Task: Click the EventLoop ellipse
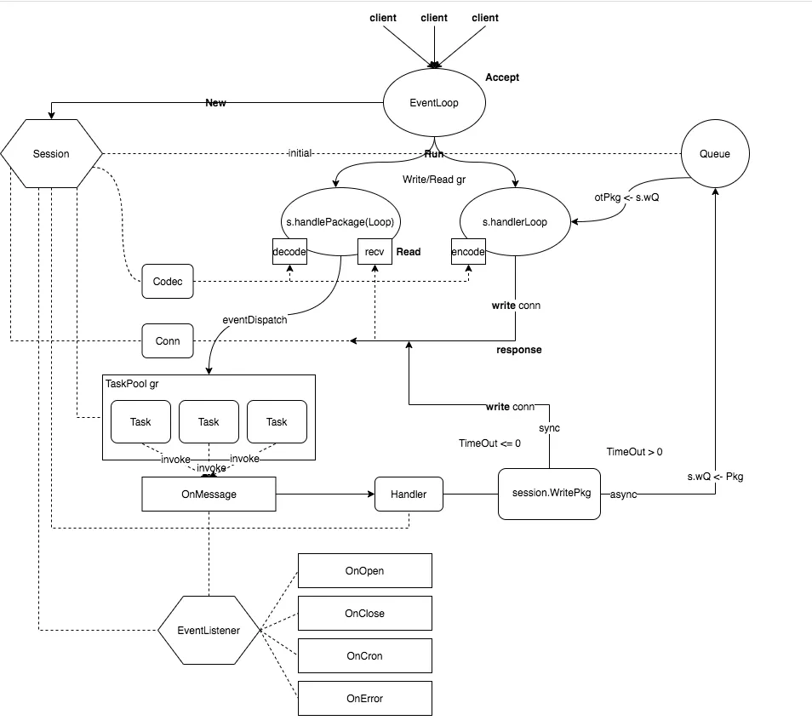pyautogui.click(x=434, y=103)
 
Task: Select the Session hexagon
pyautogui.click(x=51, y=154)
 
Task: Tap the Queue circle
pyautogui.click(x=714, y=154)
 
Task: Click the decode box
pyautogui.click(x=289, y=252)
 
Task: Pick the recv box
pyautogui.click(x=375, y=252)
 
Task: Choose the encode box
pyautogui.click(x=468, y=252)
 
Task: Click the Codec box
pyautogui.click(x=167, y=281)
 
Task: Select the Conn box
pyautogui.click(x=167, y=341)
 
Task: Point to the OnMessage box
pyautogui.click(x=209, y=494)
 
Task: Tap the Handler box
pyautogui.click(x=409, y=494)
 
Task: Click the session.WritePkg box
pyautogui.click(x=549, y=494)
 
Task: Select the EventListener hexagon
pyautogui.click(x=209, y=631)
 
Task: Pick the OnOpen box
pyautogui.click(x=364, y=570)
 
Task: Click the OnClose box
pyautogui.click(x=364, y=613)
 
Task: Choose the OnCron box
pyautogui.click(x=364, y=655)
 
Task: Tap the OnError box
pyautogui.click(x=364, y=698)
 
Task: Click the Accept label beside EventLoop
pyautogui.click(x=502, y=77)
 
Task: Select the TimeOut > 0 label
pyautogui.click(x=634, y=452)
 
